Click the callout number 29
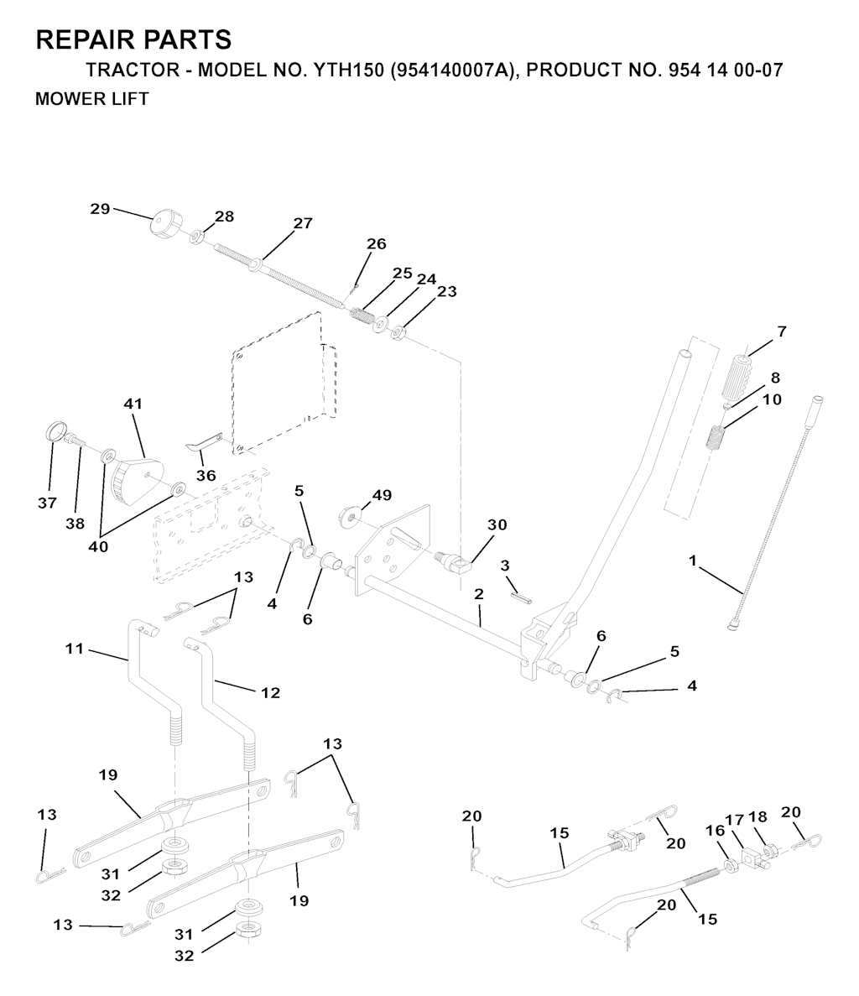[100, 209]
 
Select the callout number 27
[303, 223]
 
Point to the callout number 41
[133, 404]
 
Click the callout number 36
[206, 475]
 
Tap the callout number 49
[383, 495]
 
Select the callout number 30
[497, 524]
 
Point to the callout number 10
[772, 399]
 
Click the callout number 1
[693, 561]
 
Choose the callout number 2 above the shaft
[479, 594]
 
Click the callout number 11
[75, 649]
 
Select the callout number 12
[270, 692]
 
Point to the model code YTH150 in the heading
[348, 70]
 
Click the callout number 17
[735, 820]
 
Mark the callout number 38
[75, 524]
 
